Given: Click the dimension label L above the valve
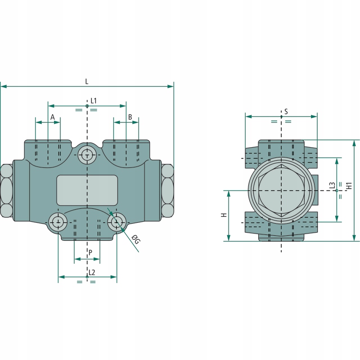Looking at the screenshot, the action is (86, 81).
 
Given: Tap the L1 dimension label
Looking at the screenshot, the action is (94, 101).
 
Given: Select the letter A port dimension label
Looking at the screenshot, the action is (53, 117).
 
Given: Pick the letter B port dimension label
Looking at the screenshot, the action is (130, 117).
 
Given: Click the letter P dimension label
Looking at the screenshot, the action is (90, 253).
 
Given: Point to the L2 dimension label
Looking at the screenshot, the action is (92, 272).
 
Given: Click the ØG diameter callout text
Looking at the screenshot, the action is (136, 240).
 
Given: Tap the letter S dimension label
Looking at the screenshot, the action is (286, 112).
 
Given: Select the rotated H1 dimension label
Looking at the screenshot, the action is (349, 185).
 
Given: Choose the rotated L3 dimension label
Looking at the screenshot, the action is (332, 185).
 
